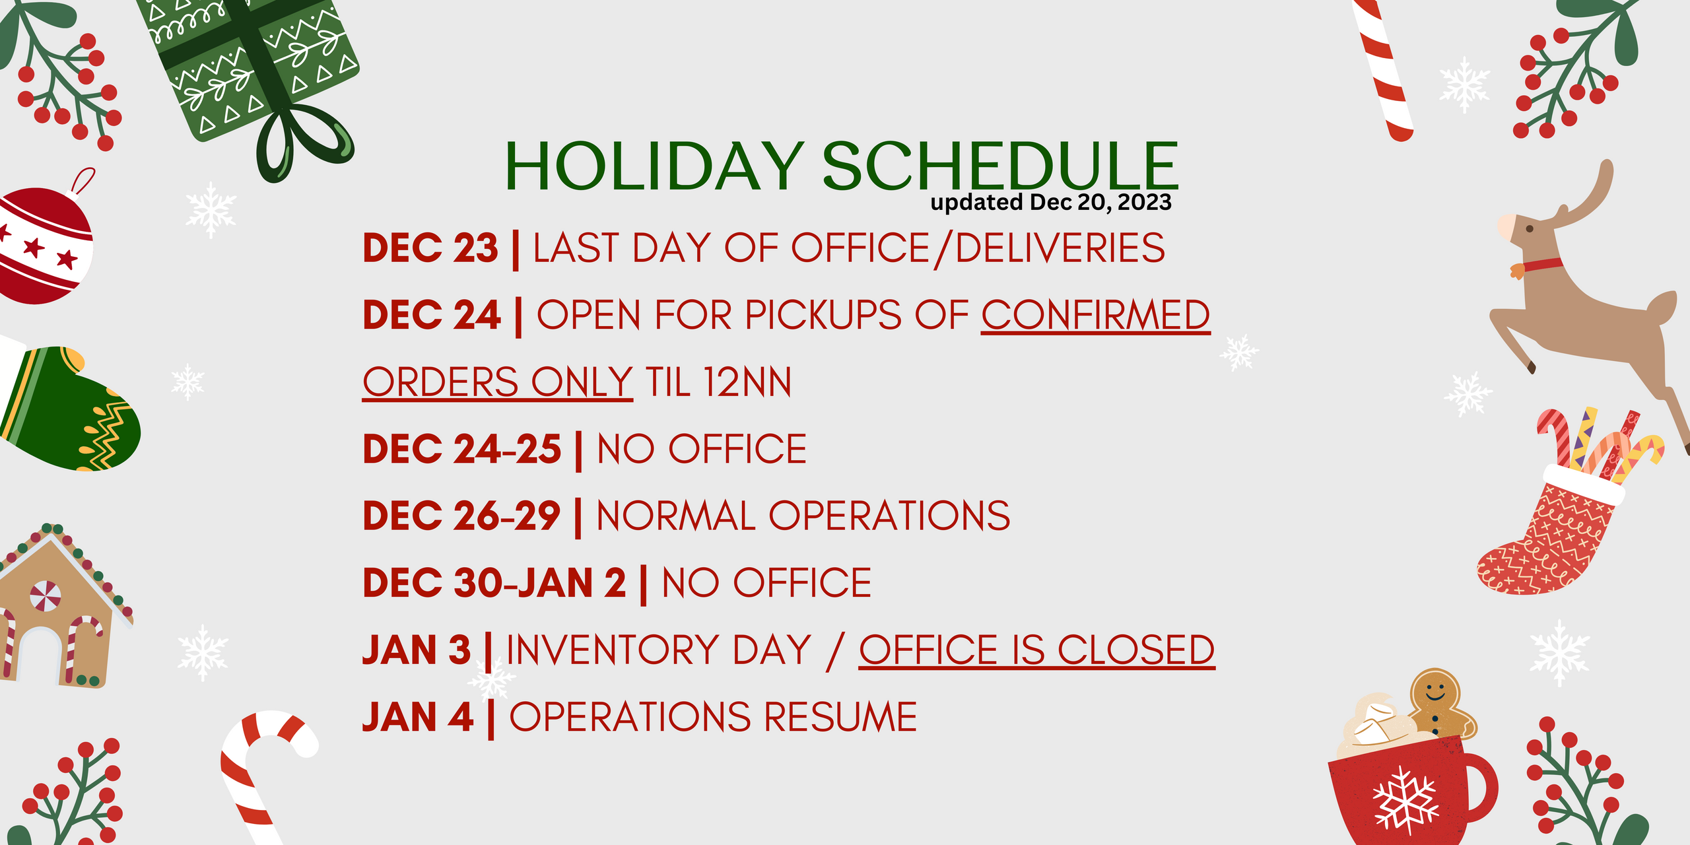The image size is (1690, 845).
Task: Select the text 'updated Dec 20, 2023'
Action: click(1051, 202)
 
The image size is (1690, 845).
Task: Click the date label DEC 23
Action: click(430, 248)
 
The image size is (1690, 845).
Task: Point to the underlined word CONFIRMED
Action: click(1096, 315)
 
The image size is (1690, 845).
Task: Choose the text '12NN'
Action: click(747, 383)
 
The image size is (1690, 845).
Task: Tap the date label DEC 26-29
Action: click(461, 516)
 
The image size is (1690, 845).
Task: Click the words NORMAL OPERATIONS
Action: click(803, 516)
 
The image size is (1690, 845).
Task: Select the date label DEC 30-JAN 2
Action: click(494, 583)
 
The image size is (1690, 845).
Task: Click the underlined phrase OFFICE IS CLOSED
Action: click(1037, 650)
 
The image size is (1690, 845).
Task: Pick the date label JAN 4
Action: click(418, 718)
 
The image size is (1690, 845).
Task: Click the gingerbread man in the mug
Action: click(1439, 703)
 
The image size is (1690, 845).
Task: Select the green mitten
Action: click(69, 409)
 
